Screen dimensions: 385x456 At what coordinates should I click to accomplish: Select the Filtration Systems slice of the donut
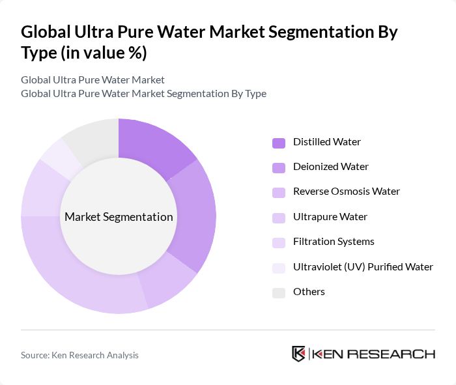point(40,188)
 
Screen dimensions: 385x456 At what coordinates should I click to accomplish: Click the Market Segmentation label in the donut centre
point(119,217)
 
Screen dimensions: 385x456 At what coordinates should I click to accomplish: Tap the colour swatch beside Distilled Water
point(279,142)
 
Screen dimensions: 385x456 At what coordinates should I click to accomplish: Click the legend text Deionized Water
point(331,167)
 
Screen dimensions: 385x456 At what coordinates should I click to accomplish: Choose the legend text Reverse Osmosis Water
point(347,192)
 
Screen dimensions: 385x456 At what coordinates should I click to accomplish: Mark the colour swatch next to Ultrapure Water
point(279,217)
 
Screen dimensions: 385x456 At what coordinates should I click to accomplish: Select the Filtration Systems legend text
point(334,242)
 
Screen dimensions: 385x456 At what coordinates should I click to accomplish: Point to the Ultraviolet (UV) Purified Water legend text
point(363,266)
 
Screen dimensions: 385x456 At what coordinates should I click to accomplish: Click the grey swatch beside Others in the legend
point(279,292)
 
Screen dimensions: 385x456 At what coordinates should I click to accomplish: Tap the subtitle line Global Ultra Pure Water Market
point(93,80)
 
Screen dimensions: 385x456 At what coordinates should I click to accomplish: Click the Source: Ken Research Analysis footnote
point(79,355)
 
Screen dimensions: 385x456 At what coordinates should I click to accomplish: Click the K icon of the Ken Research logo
point(299,354)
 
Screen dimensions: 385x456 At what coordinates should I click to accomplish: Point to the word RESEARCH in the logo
point(400,354)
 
